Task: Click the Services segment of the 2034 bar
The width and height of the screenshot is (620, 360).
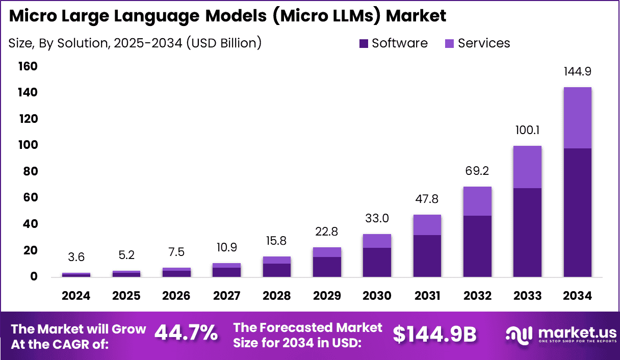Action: point(577,118)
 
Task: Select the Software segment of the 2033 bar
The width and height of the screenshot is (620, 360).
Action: point(527,233)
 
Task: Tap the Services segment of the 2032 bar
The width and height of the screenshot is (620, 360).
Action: point(477,201)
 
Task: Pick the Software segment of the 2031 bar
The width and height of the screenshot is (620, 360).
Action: point(427,256)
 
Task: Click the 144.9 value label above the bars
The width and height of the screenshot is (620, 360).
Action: point(577,72)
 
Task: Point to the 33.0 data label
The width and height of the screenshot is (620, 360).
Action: point(377,218)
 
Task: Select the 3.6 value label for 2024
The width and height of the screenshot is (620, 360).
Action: point(76,258)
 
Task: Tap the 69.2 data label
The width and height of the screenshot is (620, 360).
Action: point(477,170)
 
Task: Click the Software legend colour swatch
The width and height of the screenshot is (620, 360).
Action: point(364,43)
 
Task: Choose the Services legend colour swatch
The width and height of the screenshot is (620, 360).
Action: point(449,43)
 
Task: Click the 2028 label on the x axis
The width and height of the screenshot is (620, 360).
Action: point(276,296)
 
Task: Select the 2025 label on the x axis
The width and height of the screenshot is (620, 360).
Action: point(126,296)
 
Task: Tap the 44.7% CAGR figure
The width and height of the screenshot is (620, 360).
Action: point(186,334)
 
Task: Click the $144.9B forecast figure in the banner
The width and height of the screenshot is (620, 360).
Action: point(434,335)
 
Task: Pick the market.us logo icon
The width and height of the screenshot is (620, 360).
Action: point(519,334)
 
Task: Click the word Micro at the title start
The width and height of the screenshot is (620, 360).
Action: point(33,16)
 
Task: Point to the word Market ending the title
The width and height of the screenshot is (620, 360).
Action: point(416,16)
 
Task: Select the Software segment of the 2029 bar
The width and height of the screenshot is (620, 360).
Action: point(326,267)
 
